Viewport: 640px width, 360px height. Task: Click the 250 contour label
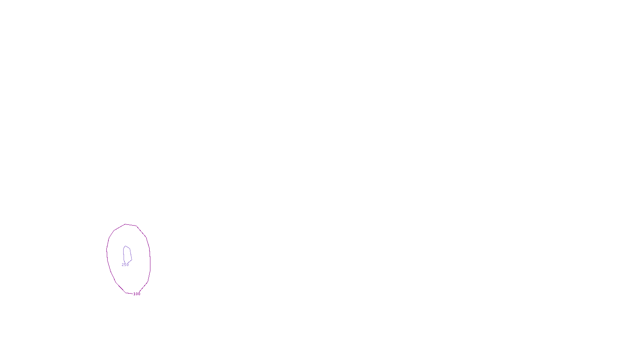coord(125,265)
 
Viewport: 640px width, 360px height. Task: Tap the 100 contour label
coord(137,294)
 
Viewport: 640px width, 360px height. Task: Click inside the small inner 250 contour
coord(127,254)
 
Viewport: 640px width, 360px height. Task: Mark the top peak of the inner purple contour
coord(126,246)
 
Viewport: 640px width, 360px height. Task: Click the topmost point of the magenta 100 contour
coord(126,224)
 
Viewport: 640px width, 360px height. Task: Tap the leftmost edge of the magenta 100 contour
coord(107,251)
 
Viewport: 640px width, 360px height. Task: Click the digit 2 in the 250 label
coord(123,265)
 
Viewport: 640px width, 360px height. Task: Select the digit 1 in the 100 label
coord(134,294)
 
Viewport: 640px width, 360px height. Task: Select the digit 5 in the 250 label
coord(125,265)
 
